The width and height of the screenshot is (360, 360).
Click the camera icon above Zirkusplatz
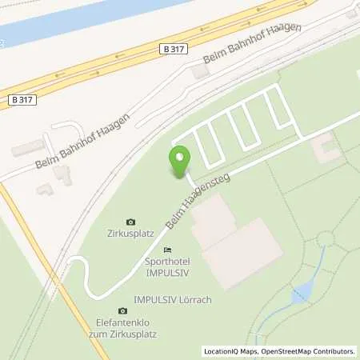(x=131, y=222)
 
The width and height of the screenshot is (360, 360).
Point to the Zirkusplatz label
(x=131, y=235)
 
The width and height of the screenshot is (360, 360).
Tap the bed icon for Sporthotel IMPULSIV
(x=167, y=250)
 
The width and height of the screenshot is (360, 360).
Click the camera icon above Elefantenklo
(x=122, y=310)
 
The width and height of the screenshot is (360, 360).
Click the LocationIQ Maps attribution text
(x=233, y=351)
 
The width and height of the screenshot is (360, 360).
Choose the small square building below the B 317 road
(x=200, y=72)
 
